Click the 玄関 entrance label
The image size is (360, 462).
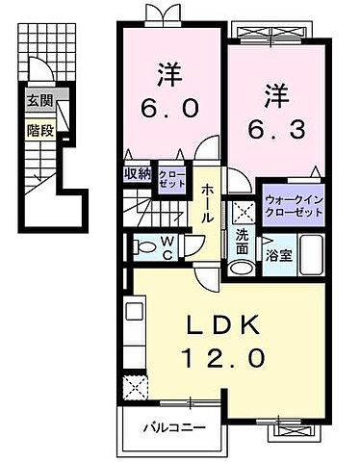39,101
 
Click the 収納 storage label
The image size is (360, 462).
137,173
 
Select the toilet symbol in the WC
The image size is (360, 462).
143,246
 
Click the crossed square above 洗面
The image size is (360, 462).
238,211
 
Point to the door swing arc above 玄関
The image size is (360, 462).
39,72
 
